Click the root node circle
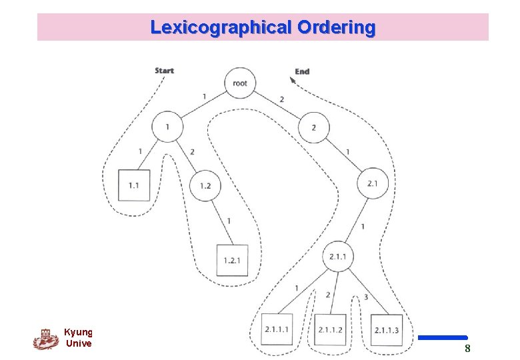[x=240, y=83]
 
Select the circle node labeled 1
[x=167, y=127]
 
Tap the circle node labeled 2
[x=314, y=127]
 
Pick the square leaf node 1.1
[x=134, y=185]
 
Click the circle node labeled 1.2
[x=205, y=185]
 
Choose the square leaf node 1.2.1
[x=232, y=259]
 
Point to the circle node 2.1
[x=372, y=183]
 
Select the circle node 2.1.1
[x=338, y=257]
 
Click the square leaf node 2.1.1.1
[x=277, y=329]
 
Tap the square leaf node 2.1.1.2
[x=330, y=329]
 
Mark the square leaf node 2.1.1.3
[x=387, y=329]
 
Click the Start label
[x=164, y=71]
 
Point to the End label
[x=302, y=71]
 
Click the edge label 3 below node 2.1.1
[x=366, y=297]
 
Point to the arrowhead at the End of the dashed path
[x=291, y=81]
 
